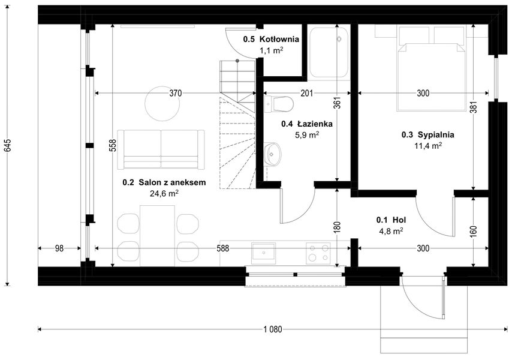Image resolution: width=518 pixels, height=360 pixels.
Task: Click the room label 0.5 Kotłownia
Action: point(270,40)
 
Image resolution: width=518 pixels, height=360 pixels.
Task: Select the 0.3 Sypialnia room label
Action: point(427,135)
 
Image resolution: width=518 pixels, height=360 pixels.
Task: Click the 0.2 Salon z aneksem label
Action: point(164,182)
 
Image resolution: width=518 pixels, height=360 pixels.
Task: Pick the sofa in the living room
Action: point(161,149)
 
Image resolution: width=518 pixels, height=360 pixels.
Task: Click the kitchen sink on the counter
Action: point(263,253)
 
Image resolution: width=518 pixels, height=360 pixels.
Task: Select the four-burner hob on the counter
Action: point(318,253)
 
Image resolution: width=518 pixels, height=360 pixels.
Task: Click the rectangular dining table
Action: point(158,234)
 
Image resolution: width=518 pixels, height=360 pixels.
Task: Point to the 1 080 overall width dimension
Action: point(272,329)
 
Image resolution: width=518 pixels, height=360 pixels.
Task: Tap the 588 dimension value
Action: point(224,248)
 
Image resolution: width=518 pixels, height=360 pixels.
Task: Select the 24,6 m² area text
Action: point(164,193)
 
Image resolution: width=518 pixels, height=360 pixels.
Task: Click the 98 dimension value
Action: point(59,248)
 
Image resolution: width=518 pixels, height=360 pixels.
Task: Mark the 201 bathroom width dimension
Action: point(306,93)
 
